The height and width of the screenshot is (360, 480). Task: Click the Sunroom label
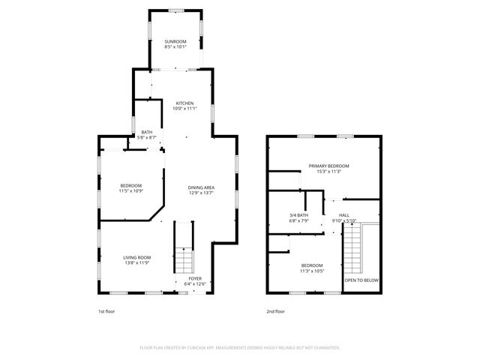[175, 42]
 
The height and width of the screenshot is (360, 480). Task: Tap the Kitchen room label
[184, 103]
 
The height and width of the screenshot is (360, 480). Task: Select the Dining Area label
[202, 187]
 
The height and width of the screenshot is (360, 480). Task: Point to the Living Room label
[137, 258]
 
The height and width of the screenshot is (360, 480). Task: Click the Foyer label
[194, 279]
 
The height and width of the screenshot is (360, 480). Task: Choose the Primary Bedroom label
[328, 166]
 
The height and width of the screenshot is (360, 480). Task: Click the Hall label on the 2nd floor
[344, 216]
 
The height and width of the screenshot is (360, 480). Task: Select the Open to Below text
[361, 280]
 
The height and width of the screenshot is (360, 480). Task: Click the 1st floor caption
[106, 311]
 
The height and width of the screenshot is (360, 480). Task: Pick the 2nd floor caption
[275, 311]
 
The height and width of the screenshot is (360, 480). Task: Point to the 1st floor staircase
[184, 259]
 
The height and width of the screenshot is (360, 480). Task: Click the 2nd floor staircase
[353, 251]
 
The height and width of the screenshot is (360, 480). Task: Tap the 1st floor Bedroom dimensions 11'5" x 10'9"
[130, 191]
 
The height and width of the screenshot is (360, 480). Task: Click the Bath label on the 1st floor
[146, 133]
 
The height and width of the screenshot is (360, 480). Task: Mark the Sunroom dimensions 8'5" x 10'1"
[175, 47]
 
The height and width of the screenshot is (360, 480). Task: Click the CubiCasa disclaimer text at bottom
[240, 348]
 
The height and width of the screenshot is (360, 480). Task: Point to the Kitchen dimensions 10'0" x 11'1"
[184, 109]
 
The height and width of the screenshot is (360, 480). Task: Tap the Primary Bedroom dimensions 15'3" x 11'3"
[328, 171]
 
